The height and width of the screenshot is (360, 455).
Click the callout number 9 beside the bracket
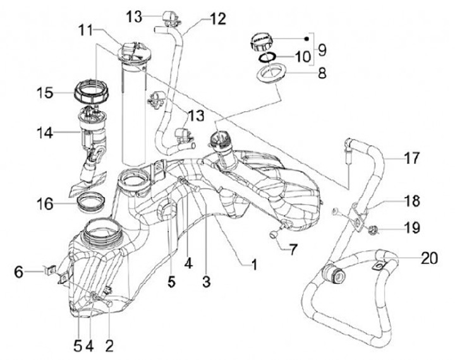tap(322, 50)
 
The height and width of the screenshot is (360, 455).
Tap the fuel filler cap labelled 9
tap(260, 42)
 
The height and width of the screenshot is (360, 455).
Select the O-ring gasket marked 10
tap(267, 57)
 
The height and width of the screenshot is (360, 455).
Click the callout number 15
tap(45, 93)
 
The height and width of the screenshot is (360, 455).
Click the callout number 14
tap(45, 133)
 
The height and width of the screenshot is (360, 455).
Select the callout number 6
tap(19, 272)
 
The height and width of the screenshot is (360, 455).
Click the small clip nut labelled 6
tap(50, 271)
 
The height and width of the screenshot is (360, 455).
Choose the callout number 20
tap(429, 258)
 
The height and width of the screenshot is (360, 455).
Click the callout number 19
tap(412, 227)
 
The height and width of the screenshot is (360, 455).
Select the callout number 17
tap(412, 158)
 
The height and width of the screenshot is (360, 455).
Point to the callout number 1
tap(254, 264)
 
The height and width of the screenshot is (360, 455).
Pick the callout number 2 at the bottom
tap(109, 345)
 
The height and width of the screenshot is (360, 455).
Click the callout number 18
tap(412, 201)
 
